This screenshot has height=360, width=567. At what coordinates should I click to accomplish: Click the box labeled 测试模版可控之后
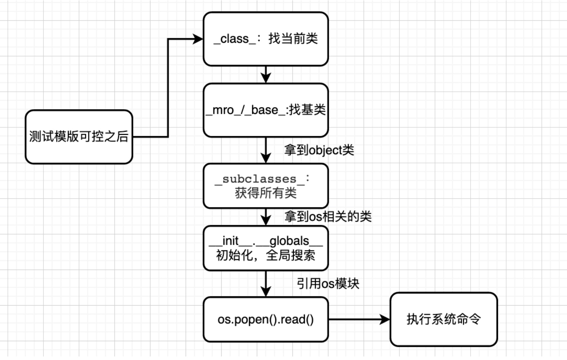pyautogui.click(x=79, y=137)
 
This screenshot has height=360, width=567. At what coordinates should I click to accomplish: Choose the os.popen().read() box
pyautogui.click(x=266, y=319)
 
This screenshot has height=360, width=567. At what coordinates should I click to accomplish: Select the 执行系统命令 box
pyautogui.click(x=444, y=319)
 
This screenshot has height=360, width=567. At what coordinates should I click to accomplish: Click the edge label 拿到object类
pyautogui.click(x=319, y=150)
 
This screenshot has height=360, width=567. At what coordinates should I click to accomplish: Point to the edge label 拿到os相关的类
pyautogui.click(x=328, y=216)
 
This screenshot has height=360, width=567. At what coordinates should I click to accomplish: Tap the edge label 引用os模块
pyautogui.click(x=328, y=284)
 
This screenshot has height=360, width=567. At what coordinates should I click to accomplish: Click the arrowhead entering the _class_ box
pyautogui.click(x=198, y=39)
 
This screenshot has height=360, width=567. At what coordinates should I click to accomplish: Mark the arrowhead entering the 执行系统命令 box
pyautogui.click(x=385, y=319)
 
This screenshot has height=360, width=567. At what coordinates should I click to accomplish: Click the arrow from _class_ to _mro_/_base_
pyautogui.click(x=266, y=74)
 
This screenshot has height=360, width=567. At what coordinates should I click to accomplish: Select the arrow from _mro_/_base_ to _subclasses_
pyautogui.click(x=266, y=150)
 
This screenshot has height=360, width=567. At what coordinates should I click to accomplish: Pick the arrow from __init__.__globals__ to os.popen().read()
pyautogui.click(x=266, y=284)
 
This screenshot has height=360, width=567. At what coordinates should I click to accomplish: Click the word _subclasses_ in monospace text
pyautogui.click(x=260, y=179)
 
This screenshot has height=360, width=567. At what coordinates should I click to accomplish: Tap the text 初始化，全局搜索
pyautogui.click(x=266, y=255)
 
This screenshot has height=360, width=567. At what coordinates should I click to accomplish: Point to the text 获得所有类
pyautogui.click(x=266, y=193)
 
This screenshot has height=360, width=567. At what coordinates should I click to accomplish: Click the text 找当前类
pyautogui.click(x=293, y=38)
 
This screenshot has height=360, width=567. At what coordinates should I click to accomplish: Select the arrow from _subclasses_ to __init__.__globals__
pyautogui.click(x=266, y=217)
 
